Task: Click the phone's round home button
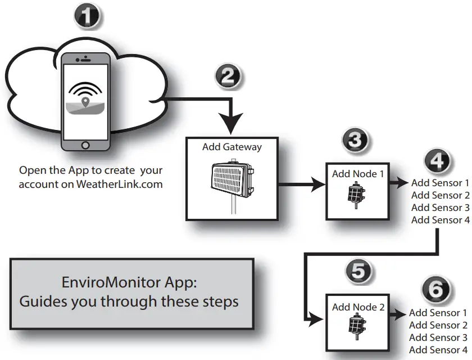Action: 85,145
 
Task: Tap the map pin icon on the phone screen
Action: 85,102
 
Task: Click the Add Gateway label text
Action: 232,147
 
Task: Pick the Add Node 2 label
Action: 358,307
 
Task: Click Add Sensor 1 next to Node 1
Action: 440,183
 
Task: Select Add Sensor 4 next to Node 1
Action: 440,220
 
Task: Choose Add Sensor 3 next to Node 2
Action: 438,337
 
